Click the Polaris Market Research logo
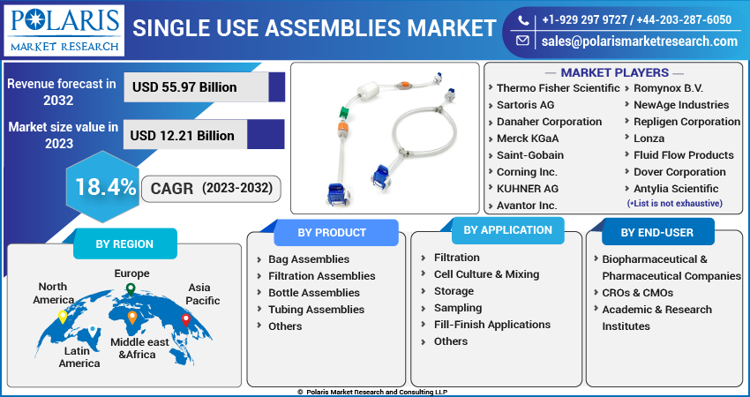[x=64, y=30]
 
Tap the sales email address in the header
[x=640, y=41]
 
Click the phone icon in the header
[x=523, y=20]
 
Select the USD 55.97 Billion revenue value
[x=184, y=87]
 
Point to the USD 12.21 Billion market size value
[x=183, y=135]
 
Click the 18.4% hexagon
[x=103, y=186]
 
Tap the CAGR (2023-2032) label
[x=212, y=189]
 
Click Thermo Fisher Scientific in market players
[x=558, y=88]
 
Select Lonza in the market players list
[x=649, y=139]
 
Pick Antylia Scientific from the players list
[x=676, y=189]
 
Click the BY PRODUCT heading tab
[x=332, y=232]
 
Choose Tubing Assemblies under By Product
[x=316, y=310]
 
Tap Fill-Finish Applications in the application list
[x=492, y=325]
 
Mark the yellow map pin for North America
[x=62, y=317]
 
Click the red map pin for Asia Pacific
[x=186, y=320]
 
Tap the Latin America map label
[x=79, y=356]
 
